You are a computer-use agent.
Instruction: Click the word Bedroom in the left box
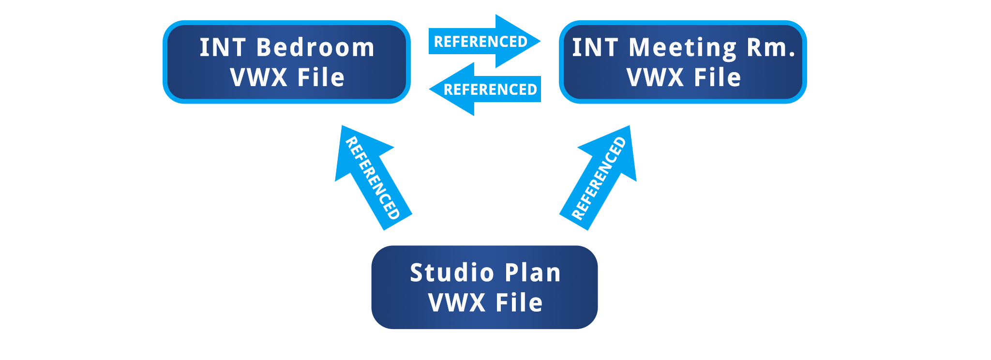[x=315, y=48]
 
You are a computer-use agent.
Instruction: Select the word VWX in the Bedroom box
[x=258, y=78]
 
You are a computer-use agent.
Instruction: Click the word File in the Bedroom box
[x=321, y=78]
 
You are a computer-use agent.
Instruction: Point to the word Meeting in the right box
[x=683, y=48]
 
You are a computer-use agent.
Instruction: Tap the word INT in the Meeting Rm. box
[x=595, y=48]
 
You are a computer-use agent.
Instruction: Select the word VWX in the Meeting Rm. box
[x=655, y=78]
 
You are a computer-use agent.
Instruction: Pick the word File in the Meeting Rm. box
[x=717, y=78]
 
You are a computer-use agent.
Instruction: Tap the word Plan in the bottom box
[x=533, y=273]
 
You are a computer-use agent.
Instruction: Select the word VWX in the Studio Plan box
[x=457, y=303]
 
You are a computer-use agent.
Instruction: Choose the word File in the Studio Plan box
[x=519, y=303]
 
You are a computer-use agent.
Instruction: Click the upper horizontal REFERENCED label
[x=480, y=42]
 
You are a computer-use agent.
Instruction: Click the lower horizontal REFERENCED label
[x=490, y=90]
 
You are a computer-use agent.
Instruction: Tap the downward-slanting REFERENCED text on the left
[x=373, y=178]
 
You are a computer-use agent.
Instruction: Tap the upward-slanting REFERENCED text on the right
[x=599, y=178]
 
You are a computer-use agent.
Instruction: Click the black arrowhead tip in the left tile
[x=387, y=145]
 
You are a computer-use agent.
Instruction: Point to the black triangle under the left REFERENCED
[x=359, y=203]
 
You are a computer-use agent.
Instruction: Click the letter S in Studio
[x=417, y=273]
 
